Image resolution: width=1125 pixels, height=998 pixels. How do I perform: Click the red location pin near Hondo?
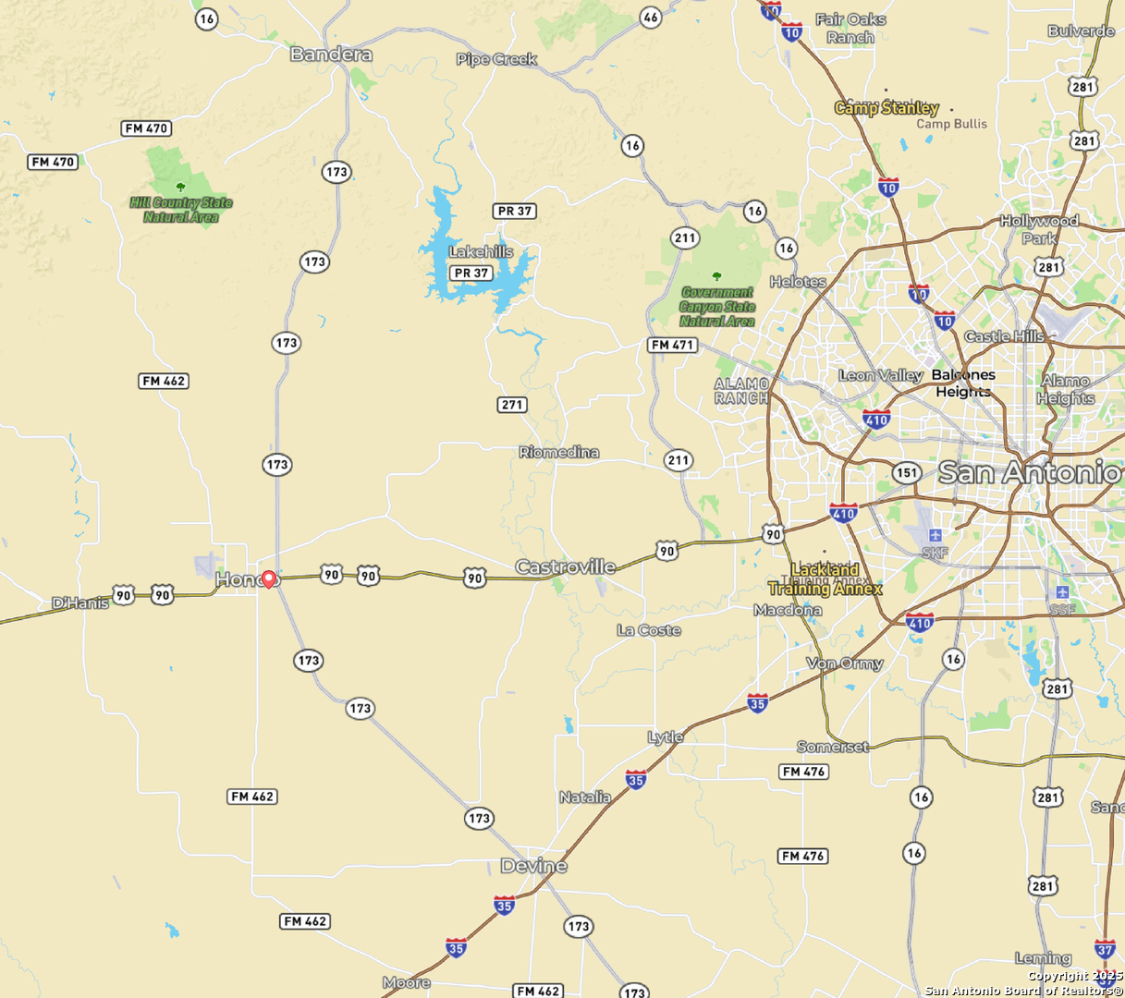click(268, 579)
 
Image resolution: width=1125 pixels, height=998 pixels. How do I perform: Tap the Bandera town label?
click(331, 55)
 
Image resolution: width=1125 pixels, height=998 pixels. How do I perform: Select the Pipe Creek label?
click(496, 59)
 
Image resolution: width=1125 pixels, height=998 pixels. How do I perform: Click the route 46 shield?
click(651, 17)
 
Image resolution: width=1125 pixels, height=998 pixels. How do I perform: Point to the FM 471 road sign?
click(672, 345)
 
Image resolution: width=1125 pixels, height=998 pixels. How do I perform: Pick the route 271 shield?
click(512, 405)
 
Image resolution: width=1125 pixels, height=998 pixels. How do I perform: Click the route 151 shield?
click(907, 473)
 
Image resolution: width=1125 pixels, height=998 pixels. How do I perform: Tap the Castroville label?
click(565, 566)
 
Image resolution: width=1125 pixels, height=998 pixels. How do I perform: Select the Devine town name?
click(533, 866)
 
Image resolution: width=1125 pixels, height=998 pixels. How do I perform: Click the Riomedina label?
click(558, 452)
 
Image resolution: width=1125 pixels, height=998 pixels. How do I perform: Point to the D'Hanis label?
click(80, 603)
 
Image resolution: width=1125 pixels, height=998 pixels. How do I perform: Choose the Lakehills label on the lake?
click(481, 251)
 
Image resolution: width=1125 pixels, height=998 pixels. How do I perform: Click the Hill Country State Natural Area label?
click(181, 209)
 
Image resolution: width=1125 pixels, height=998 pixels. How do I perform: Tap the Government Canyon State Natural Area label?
click(717, 307)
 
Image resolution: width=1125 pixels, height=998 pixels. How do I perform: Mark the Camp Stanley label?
click(887, 108)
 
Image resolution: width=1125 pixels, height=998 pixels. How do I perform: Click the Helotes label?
click(798, 282)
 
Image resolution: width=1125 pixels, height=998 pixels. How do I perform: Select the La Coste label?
click(649, 630)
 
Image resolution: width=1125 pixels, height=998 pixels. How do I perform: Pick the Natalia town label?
click(585, 797)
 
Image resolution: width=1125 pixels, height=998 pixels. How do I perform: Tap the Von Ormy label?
click(845, 663)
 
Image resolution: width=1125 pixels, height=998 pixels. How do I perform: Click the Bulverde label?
click(1081, 30)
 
